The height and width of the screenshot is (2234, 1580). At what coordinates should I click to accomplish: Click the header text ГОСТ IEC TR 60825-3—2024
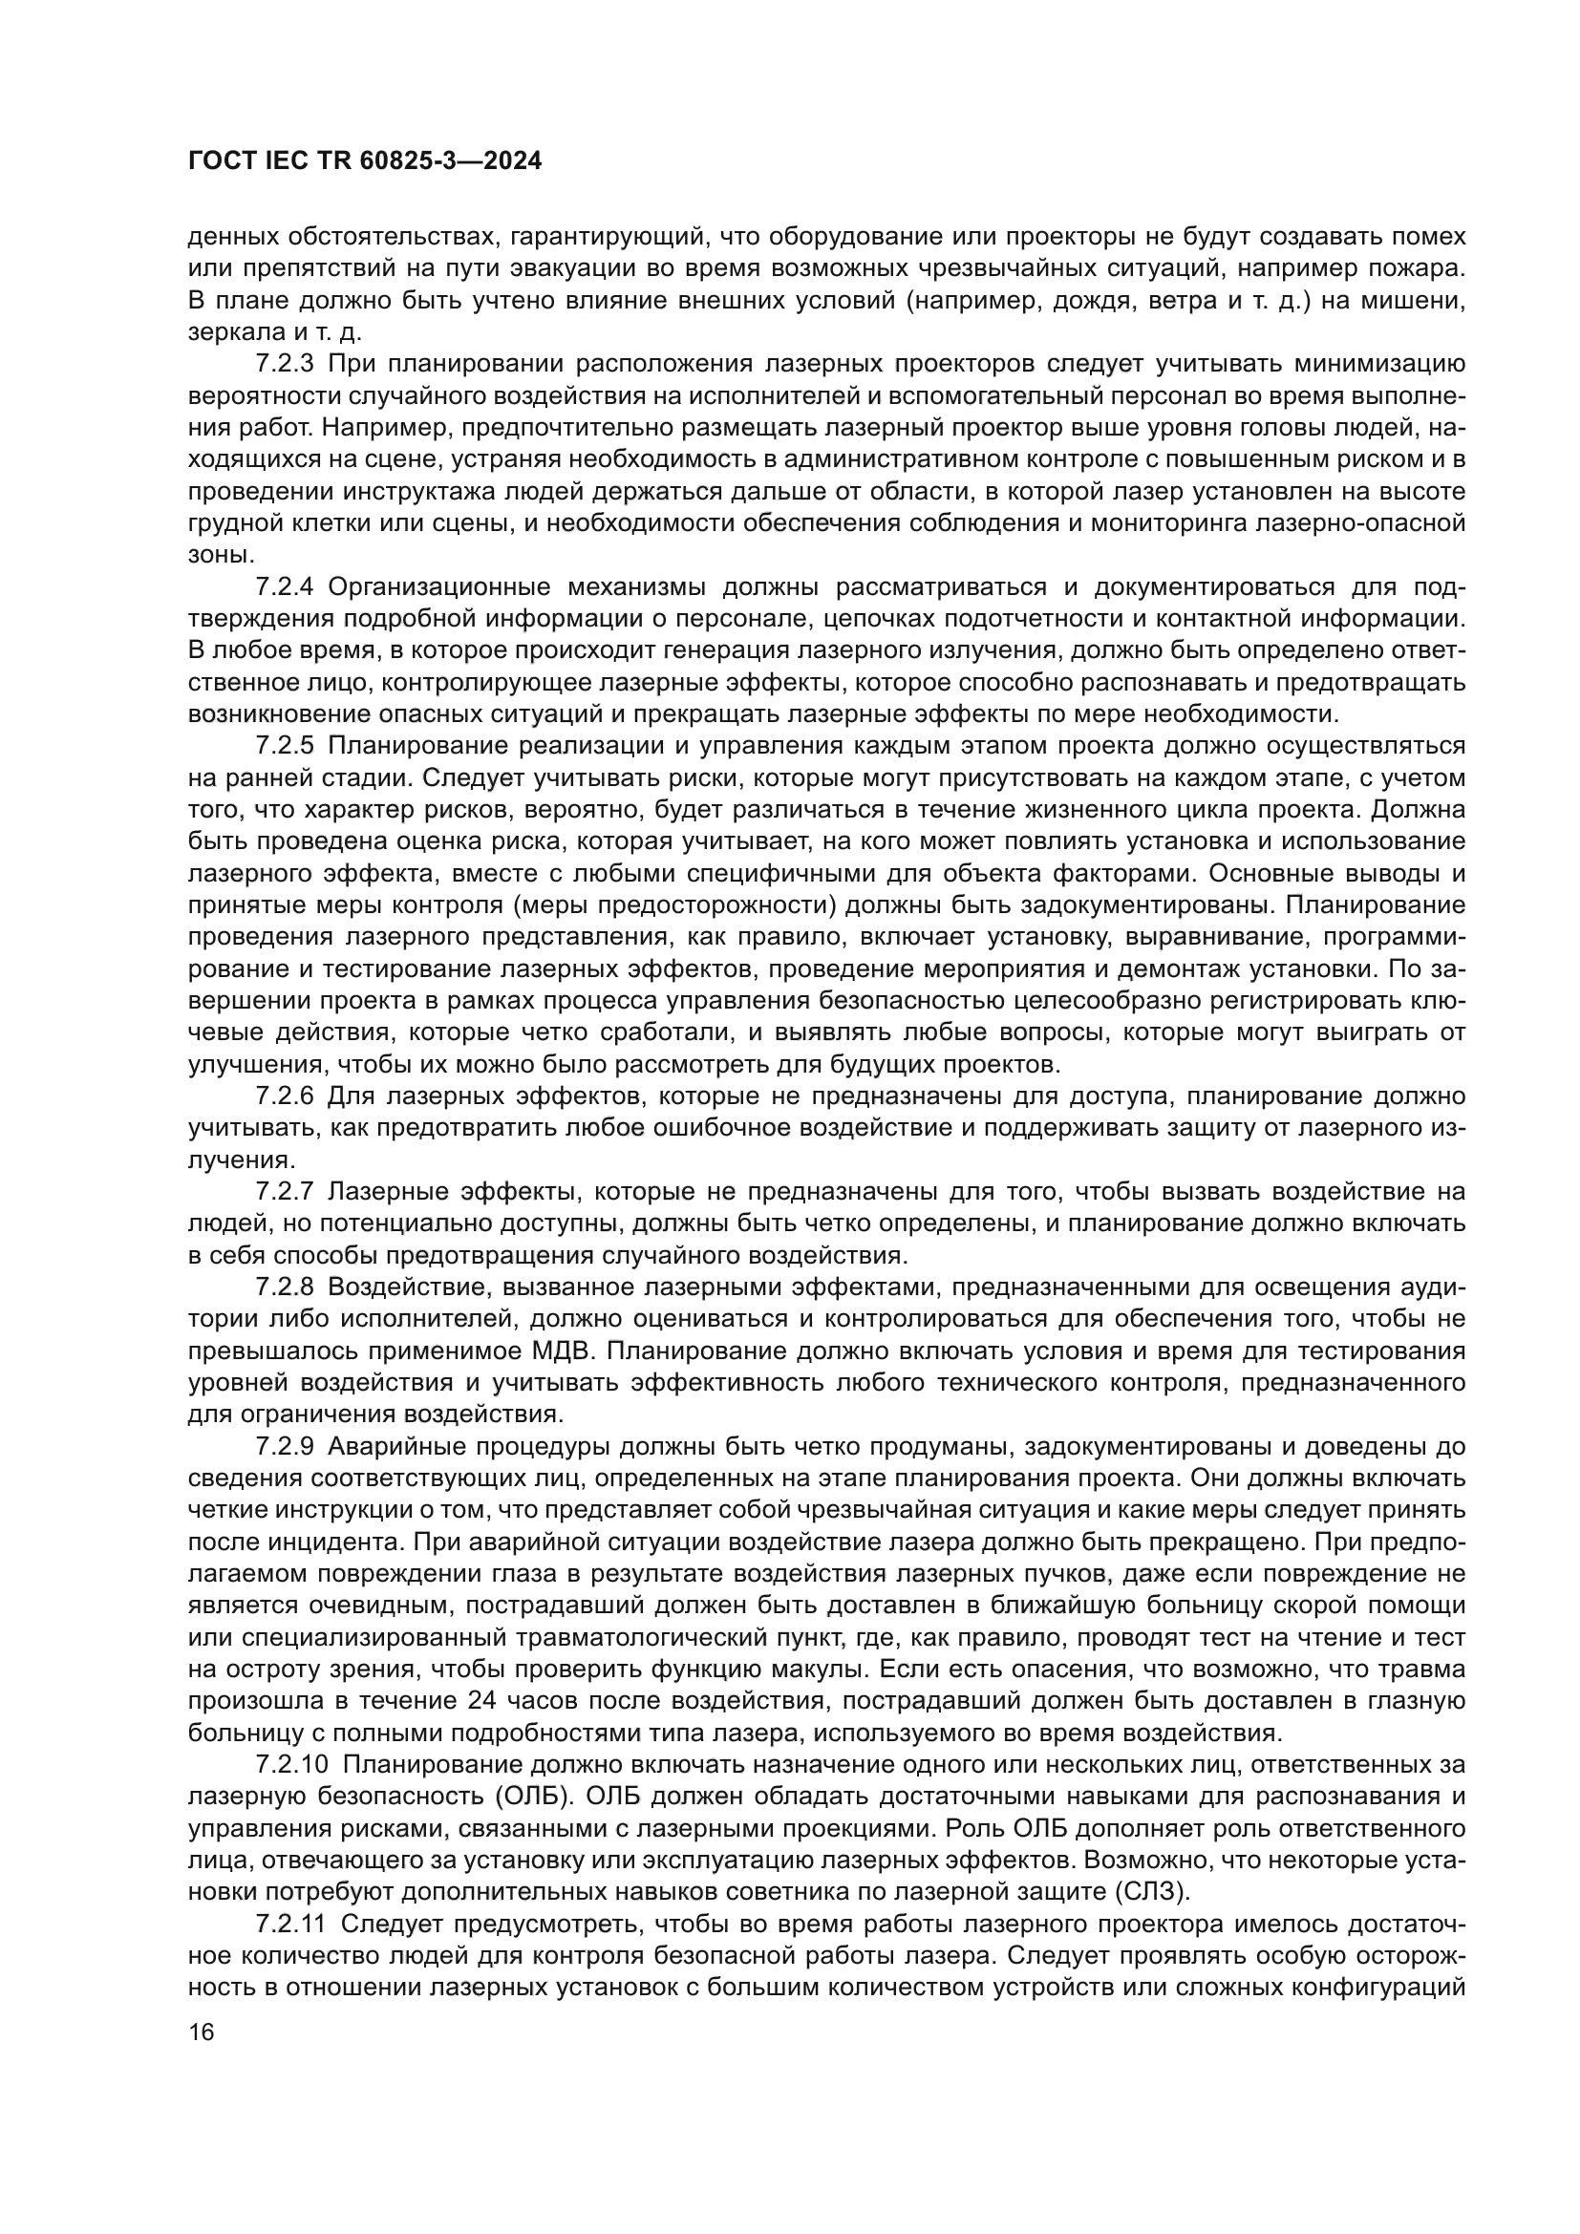click(x=365, y=161)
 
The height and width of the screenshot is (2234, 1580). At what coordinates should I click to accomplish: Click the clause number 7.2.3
click(x=285, y=364)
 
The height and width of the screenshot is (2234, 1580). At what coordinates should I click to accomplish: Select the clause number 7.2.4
click(x=285, y=586)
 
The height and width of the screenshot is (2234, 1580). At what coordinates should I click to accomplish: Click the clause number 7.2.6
click(x=285, y=1096)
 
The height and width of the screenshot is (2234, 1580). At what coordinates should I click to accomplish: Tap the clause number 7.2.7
click(x=285, y=1191)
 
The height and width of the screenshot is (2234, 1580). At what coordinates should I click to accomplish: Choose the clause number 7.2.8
click(x=285, y=1287)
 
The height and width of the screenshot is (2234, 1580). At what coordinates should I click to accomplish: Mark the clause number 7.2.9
click(x=285, y=1446)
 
